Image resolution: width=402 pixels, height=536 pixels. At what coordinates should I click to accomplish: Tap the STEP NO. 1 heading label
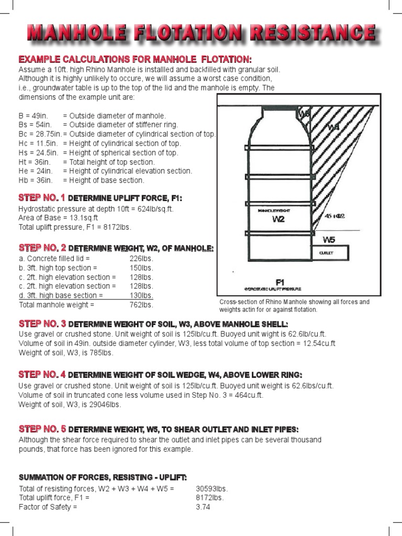click(41, 198)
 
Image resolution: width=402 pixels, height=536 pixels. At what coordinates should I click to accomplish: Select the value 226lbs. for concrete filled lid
click(141, 259)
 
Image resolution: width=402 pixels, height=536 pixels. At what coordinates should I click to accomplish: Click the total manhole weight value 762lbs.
click(141, 305)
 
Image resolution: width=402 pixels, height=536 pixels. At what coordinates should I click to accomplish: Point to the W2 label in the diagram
click(278, 219)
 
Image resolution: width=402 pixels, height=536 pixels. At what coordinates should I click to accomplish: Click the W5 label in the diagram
click(329, 240)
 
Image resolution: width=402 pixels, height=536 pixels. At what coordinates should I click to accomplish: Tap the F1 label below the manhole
click(280, 282)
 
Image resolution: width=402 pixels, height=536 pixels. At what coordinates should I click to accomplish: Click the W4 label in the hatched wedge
click(333, 127)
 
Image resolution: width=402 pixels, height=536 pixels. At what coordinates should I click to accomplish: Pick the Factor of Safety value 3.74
click(203, 507)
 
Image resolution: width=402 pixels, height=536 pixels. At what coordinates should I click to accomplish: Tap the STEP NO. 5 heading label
click(41, 429)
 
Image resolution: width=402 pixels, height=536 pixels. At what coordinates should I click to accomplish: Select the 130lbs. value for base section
click(141, 295)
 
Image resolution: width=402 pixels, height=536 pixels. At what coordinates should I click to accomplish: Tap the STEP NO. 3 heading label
click(41, 323)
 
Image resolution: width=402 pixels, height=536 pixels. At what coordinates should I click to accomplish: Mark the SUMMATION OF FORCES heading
click(103, 477)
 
